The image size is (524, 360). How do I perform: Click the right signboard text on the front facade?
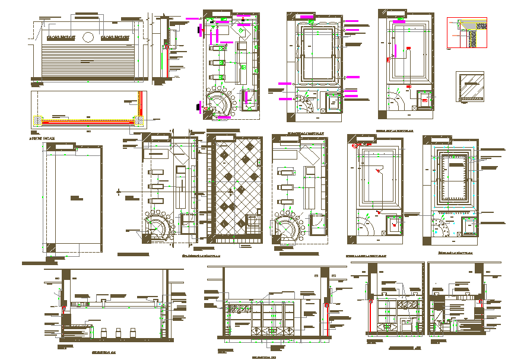[x=115, y=37]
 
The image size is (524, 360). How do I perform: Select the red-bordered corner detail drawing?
[x=466, y=33]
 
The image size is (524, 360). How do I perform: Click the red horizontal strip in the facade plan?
[x=86, y=122]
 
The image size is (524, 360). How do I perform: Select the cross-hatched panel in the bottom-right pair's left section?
[x=408, y=304]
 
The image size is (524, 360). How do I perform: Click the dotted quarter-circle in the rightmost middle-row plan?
[x=440, y=226]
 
